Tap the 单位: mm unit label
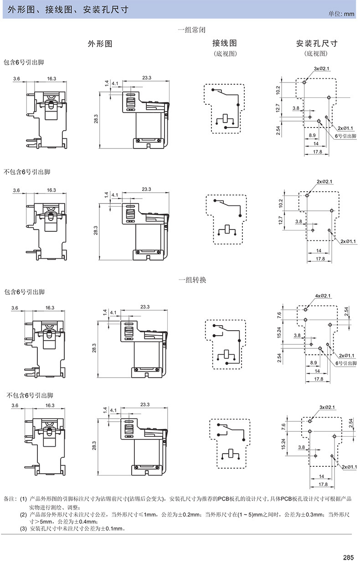click(x=341, y=14)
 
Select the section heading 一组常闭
click(x=191, y=30)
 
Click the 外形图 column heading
click(x=99, y=44)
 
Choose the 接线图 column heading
click(x=225, y=44)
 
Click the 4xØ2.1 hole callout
click(x=323, y=296)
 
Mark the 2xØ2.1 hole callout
click(x=324, y=182)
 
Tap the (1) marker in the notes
click(x=24, y=499)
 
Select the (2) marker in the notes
click(x=24, y=515)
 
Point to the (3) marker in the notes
click(x=24, y=529)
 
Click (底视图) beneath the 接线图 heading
click(x=225, y=54)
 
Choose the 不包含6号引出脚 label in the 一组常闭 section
click(x=27, y=172)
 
